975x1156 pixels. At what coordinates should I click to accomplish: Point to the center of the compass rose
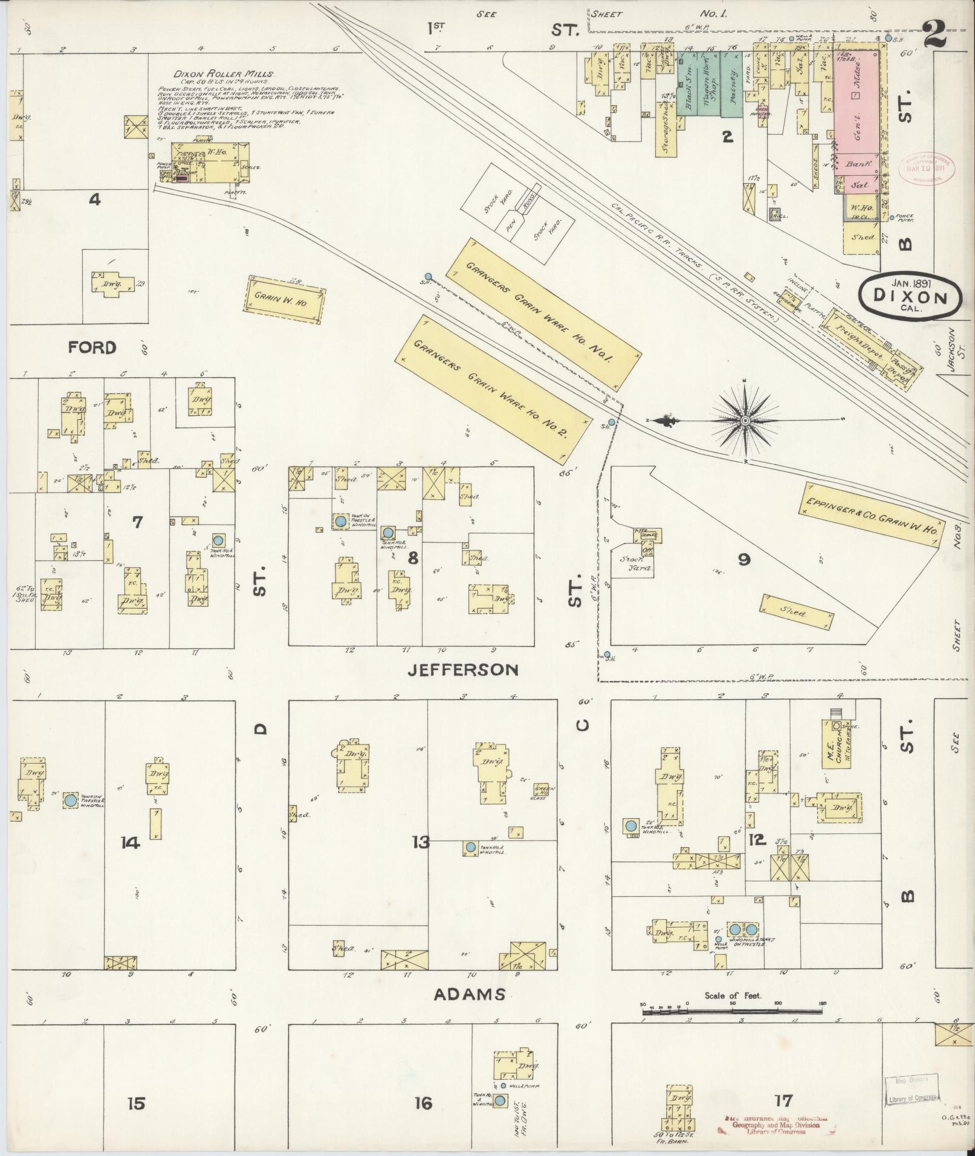point(745,420)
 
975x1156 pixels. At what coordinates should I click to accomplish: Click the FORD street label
point(92,347)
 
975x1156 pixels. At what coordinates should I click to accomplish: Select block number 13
point(421,841)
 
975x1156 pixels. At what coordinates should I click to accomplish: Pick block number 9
point(743,560)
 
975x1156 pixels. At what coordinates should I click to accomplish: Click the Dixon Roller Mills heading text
point(220,74)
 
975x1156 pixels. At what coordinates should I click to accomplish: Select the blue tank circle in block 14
point(70,800)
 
